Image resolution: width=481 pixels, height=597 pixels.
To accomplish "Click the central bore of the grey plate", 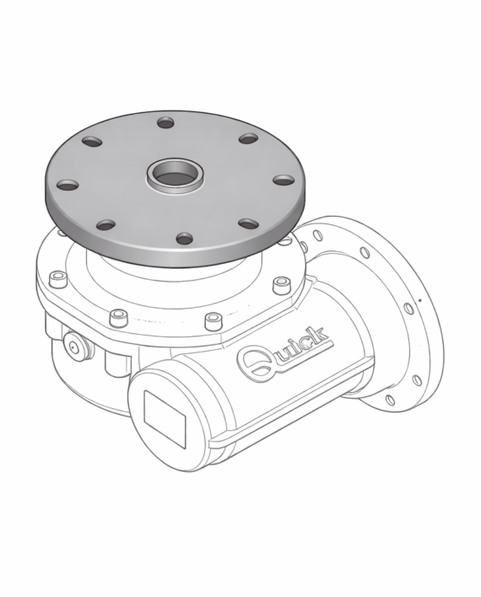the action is pyautogui.click(x=175, y=176).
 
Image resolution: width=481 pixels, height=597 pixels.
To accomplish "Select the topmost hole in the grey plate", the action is pyautogui.click(x=165, y=122).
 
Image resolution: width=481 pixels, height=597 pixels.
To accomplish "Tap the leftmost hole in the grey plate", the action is pyautogui.click(x=68, y=186).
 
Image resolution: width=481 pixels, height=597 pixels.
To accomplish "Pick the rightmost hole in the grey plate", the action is pyautogui.click(x=284, y=180).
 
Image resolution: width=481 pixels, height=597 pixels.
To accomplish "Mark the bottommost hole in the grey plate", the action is pyautogui.click(x=185, y=239).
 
